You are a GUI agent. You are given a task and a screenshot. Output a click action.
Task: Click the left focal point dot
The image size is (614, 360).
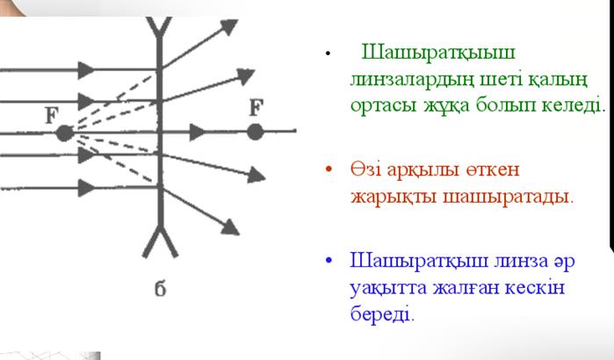[65, 133]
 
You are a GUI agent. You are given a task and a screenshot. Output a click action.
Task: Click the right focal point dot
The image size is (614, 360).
[255, 132]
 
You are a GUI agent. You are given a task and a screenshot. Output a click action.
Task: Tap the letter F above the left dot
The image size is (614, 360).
[52, 116]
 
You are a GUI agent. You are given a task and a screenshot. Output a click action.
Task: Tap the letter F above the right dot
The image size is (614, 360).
[256, 107]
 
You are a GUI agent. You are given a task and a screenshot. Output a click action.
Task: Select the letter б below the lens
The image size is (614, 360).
[160, 288]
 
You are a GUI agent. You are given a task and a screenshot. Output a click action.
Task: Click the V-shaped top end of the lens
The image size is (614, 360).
[159, 27]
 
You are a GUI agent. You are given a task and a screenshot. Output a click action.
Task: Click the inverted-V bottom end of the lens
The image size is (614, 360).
[160, 241]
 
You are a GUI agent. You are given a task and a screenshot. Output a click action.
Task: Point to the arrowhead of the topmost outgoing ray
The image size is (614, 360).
[229, 26]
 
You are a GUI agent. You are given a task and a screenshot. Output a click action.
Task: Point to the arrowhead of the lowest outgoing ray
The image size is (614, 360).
[231, 227]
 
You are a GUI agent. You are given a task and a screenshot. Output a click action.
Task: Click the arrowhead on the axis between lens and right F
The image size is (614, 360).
[197, 132]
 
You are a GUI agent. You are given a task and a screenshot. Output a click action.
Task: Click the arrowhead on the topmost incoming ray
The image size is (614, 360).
[86, 70]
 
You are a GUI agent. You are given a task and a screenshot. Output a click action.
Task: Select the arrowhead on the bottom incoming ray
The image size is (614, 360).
[86, 188]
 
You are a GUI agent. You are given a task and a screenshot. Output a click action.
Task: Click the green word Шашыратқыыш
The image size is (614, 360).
[438, 52]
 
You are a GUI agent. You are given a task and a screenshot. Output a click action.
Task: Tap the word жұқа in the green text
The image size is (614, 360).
[446, 105]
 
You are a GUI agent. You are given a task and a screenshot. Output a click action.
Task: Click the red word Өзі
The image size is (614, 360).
[365, 169]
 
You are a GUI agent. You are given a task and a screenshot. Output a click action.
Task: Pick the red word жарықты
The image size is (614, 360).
[394, 197]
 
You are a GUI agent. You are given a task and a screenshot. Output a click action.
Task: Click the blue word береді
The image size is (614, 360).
[382, 313]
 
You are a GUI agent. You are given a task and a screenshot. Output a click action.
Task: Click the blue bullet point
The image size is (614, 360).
[329, 260]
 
